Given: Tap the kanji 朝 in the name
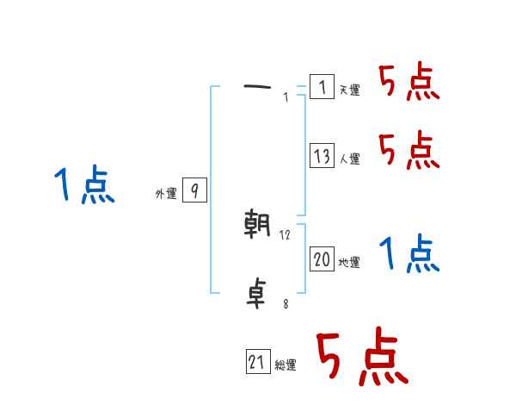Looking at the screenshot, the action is [259, 225].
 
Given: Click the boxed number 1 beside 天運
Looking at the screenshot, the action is [322, 87].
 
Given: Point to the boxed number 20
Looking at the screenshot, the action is [322, 260].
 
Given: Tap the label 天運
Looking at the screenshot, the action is [350, 90].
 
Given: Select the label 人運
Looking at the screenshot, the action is [350, 159].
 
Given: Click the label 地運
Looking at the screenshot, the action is [350, 263].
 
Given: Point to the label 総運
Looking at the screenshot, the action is [286, 366].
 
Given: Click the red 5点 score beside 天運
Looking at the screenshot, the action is [409, 84].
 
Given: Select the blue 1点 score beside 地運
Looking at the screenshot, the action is [409, 255].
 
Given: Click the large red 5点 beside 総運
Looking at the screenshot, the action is [362, 358].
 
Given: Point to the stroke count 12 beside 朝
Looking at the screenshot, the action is [286, 235].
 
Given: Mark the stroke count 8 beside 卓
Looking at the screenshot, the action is [285, 304].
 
